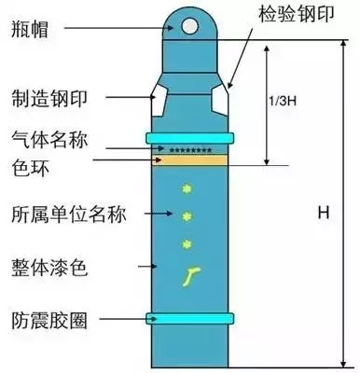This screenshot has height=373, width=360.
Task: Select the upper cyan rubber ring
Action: point(189,138)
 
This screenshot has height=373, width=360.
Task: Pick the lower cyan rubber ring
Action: point(189,317)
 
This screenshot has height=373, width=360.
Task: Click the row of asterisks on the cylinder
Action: point(189,149)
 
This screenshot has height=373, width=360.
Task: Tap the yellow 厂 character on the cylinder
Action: point(188,275)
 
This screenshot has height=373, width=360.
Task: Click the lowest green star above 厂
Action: point(188,245)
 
